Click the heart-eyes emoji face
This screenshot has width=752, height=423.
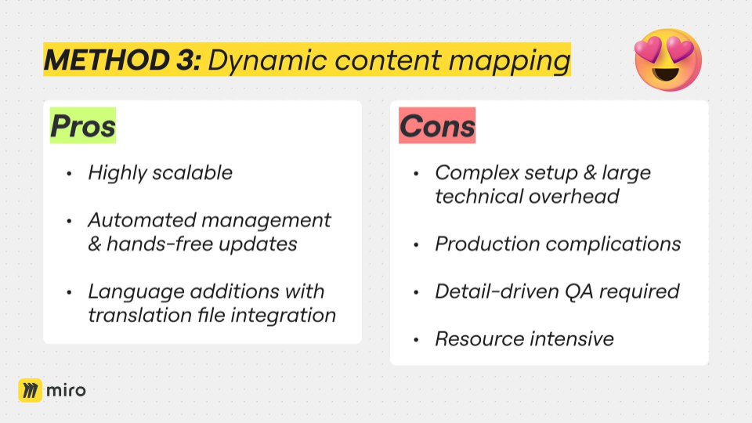[x=667, y=60]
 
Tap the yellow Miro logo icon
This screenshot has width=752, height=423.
[x=31, y=390]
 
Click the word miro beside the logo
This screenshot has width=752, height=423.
[x=66, y=390]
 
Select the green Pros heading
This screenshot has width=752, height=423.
[x=83, y=125]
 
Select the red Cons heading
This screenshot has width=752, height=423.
[x=437, y=125]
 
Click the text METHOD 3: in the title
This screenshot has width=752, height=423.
[x=123, y=60]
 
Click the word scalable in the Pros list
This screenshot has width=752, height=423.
[x=193, y=172]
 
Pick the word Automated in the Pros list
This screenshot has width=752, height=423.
[x=142, y=220]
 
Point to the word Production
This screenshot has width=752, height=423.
[x=487, y=244]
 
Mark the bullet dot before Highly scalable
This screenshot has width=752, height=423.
[x=69, y=174]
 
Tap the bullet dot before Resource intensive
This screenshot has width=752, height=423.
[x=416, y=340]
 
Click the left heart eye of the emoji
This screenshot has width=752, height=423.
[x=649, y=50]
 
